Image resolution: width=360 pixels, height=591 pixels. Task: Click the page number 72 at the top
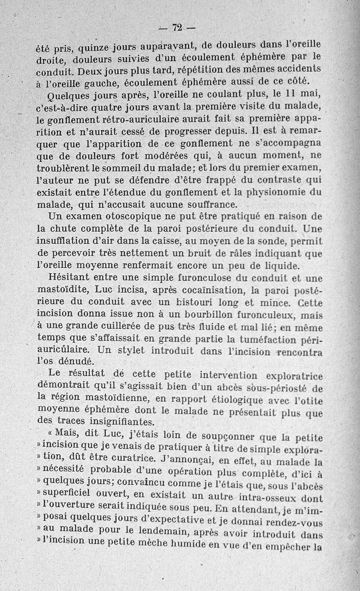click(176, 28)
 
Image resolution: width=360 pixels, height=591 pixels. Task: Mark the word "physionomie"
click(281, 193)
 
